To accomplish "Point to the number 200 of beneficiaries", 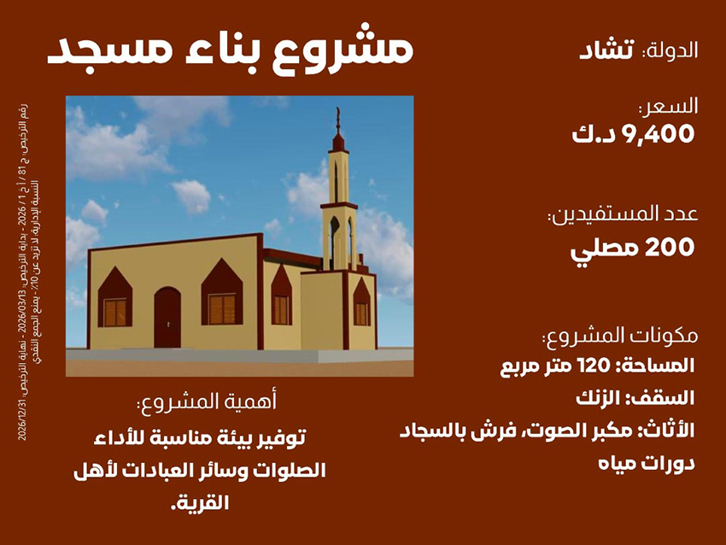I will point(670,248).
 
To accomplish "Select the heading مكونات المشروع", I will point(621,334).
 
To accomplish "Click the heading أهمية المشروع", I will point(208,401).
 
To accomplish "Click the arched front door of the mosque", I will point(167,317).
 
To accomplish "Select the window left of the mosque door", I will point(114,311).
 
